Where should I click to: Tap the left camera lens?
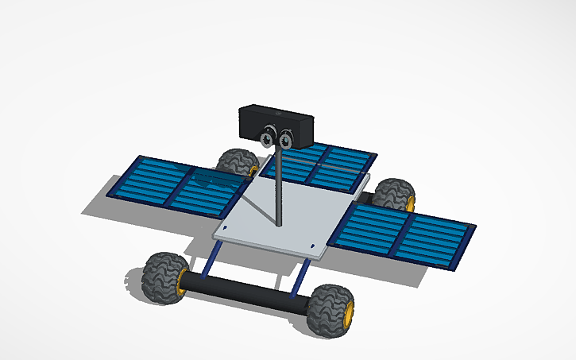tap(268, 139)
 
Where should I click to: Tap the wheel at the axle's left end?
tap(163, 277)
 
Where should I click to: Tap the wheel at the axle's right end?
tap(331, 309)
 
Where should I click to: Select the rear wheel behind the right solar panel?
tap(394, 194)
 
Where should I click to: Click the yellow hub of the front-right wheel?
tap(347, 313)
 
